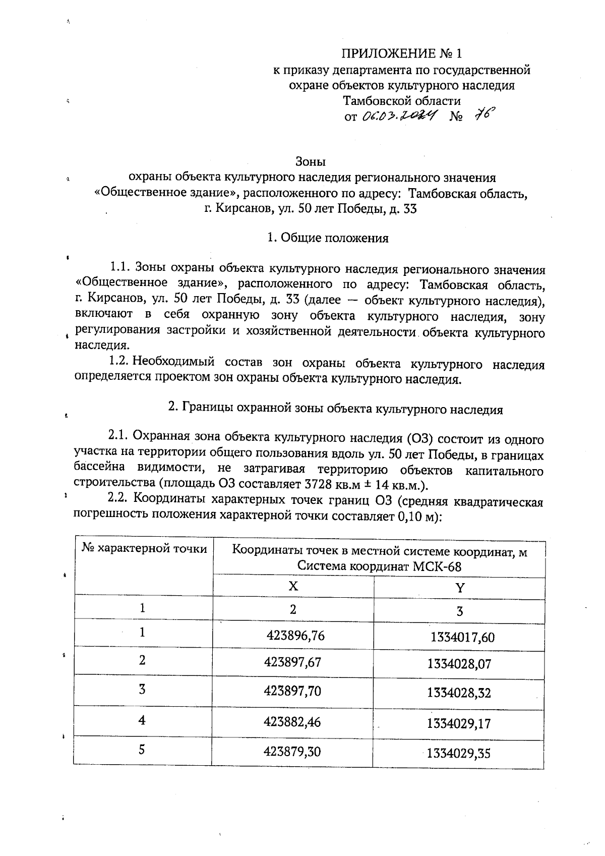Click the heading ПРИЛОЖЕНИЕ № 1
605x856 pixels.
[x=402, y=53]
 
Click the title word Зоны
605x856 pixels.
[x=310, y=162]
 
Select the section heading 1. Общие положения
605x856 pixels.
[x=328, y=238]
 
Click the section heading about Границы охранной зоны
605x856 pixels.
[x=335, y=409]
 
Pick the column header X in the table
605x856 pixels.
[x=293, y=586]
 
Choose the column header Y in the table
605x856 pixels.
[x=459, y=588]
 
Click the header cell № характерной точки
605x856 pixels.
[x=145, y=549]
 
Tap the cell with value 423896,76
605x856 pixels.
[x=295, y=636]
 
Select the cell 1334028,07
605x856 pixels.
[x=459, y=664]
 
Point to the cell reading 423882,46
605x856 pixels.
[x=292, y=722]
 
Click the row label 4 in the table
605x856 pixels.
[x=142, y=720]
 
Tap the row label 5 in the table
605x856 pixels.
[x=142, y=750]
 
